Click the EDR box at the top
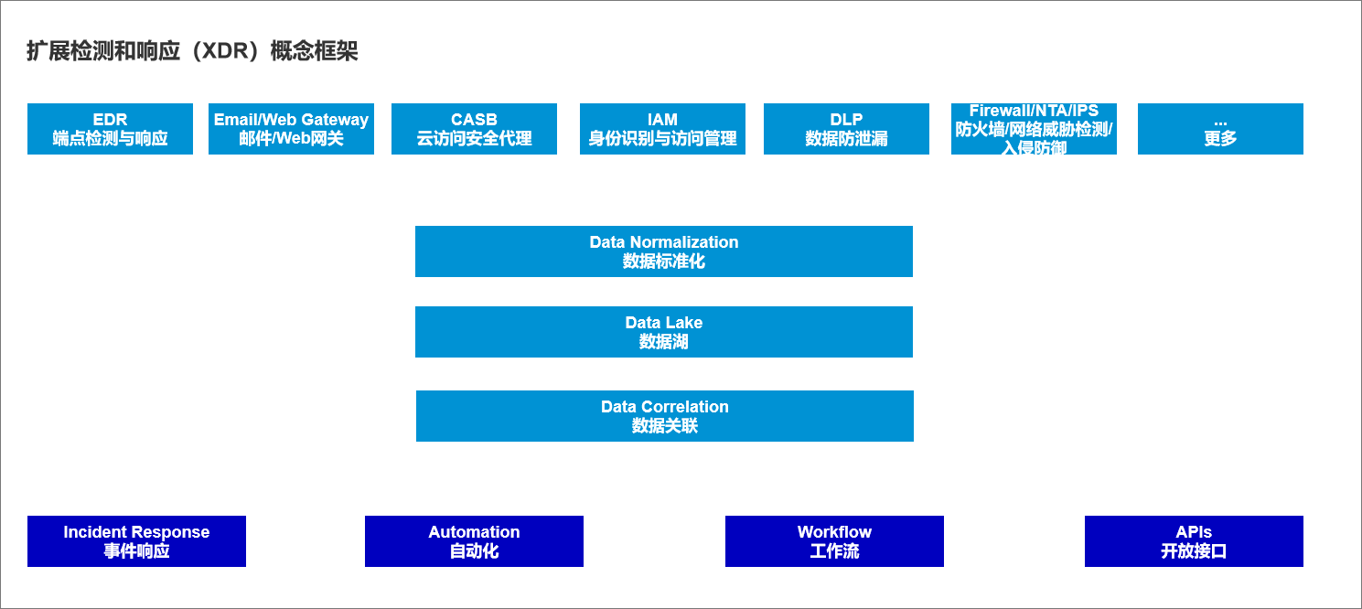(110, 129)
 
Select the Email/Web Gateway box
(291, 129)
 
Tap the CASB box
(474, 129)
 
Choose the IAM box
(662, 129)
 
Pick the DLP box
(846, 129)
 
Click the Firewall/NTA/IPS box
(1034, 129)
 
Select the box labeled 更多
(1220, 129)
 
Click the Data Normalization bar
(664, 251)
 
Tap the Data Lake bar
(664, 332)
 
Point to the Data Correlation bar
(665, 416)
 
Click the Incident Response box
(136, 541)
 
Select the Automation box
(474, 541)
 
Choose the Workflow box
(834, 541)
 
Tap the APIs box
(1194, 541)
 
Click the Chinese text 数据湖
(664, 342)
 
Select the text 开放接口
(1194, 551)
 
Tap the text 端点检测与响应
(110, 139)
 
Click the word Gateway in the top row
(335, 120)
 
